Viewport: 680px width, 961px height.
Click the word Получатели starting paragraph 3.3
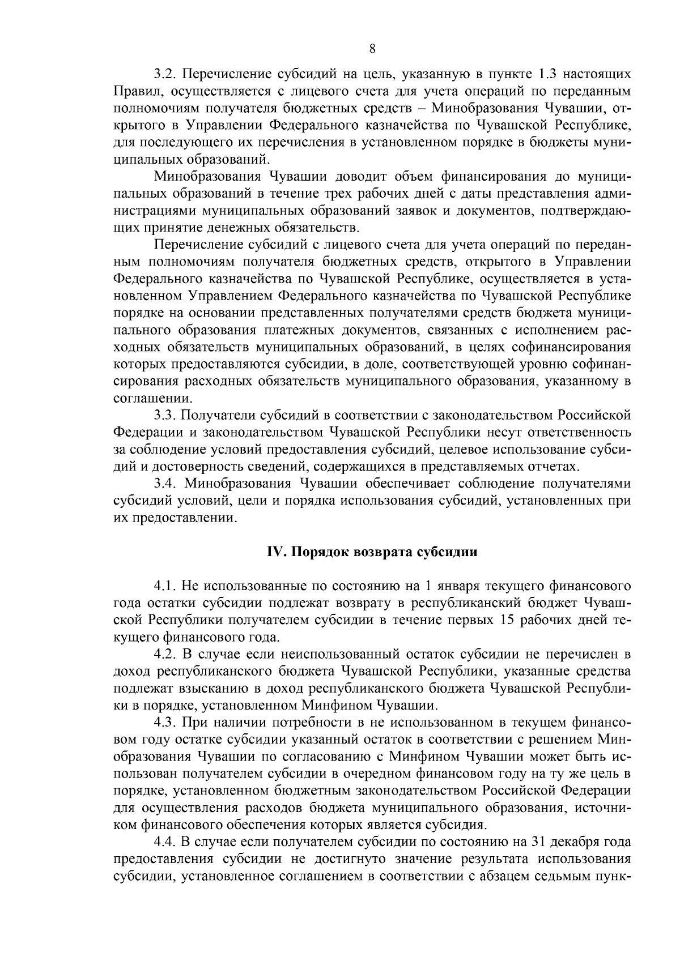[218, 416]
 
